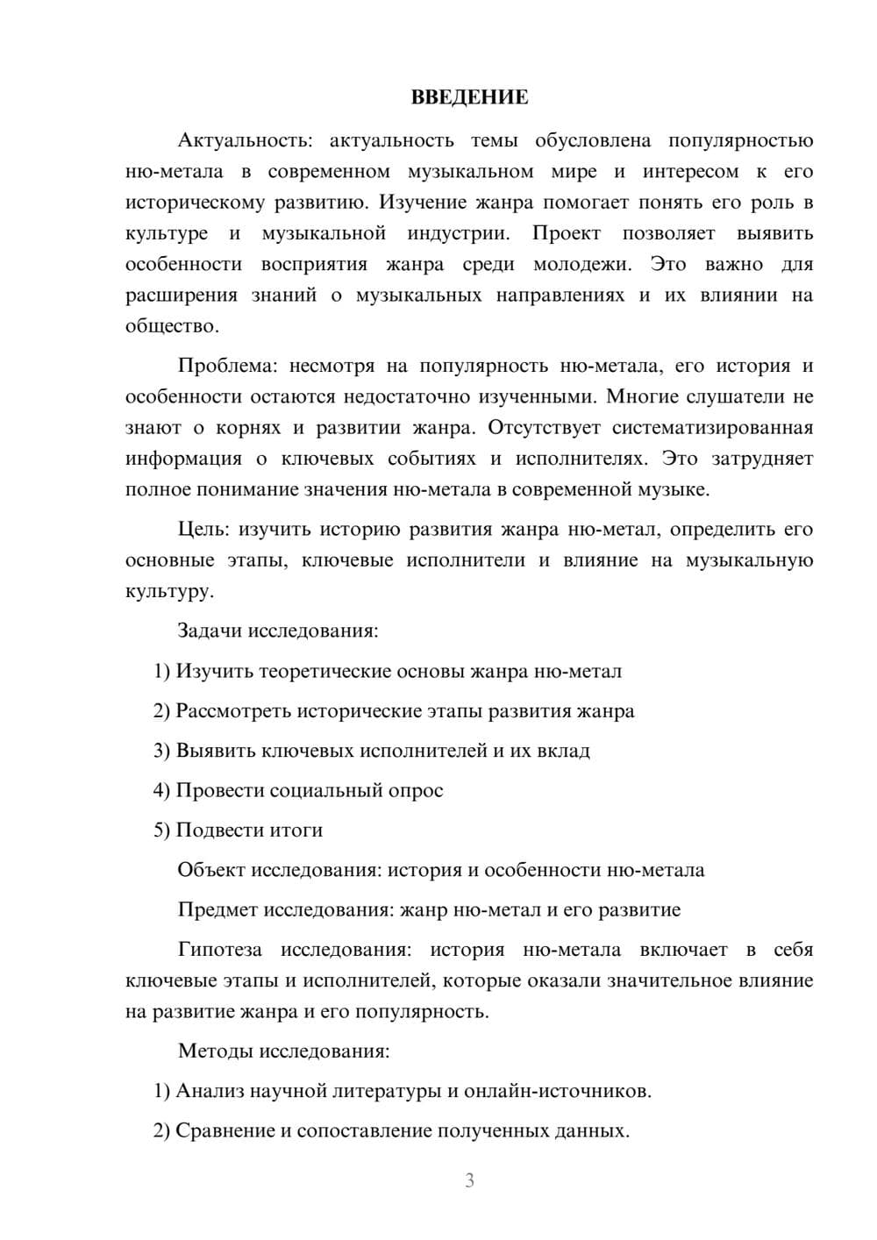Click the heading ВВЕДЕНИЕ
point(469,97)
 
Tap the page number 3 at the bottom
point(469,1180)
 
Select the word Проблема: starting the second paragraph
point(227,366)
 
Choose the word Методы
point(216,1051)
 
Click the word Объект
point(211,871)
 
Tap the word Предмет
point(217,910)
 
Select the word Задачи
point(210,631)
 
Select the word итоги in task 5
point(296,830)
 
